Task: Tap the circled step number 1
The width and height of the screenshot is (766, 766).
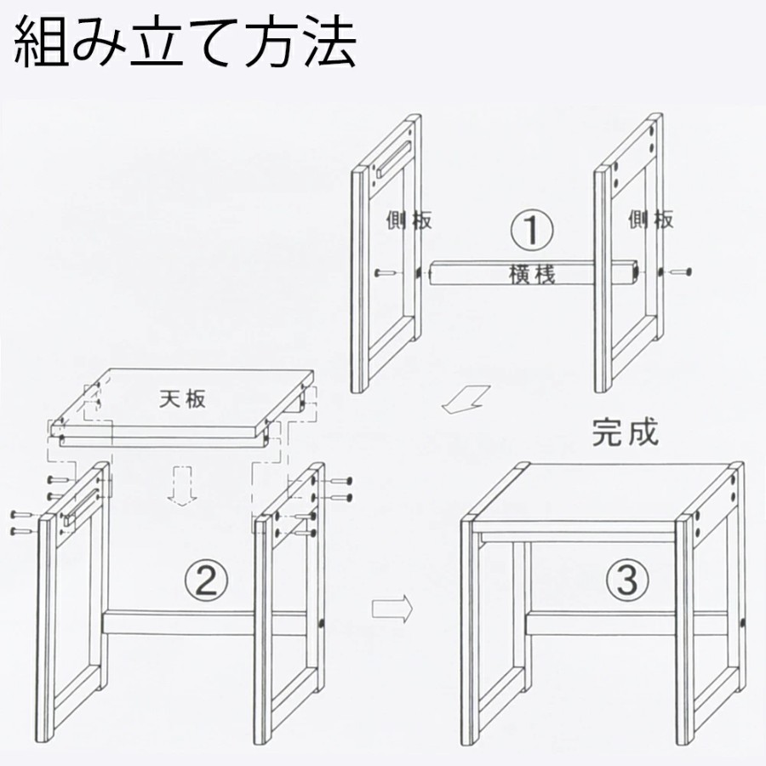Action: (532, 230)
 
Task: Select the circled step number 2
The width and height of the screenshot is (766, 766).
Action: (205, 580)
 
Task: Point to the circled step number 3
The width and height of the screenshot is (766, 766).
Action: (628, 580)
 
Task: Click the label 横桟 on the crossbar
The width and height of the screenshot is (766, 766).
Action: (532, 275)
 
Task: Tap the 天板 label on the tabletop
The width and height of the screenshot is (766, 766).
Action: (183, 399)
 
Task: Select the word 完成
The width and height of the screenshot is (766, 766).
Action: (626, 432)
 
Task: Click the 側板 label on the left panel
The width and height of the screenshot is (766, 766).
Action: (409, 220)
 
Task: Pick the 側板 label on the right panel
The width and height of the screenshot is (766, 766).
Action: (651, 220)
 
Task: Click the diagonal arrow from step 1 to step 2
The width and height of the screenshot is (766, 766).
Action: (466, 399)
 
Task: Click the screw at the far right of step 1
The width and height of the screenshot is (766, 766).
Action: (681, 272)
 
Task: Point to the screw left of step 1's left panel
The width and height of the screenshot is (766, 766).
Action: (385, 273)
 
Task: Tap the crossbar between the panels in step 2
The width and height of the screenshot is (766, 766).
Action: (204, 623)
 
